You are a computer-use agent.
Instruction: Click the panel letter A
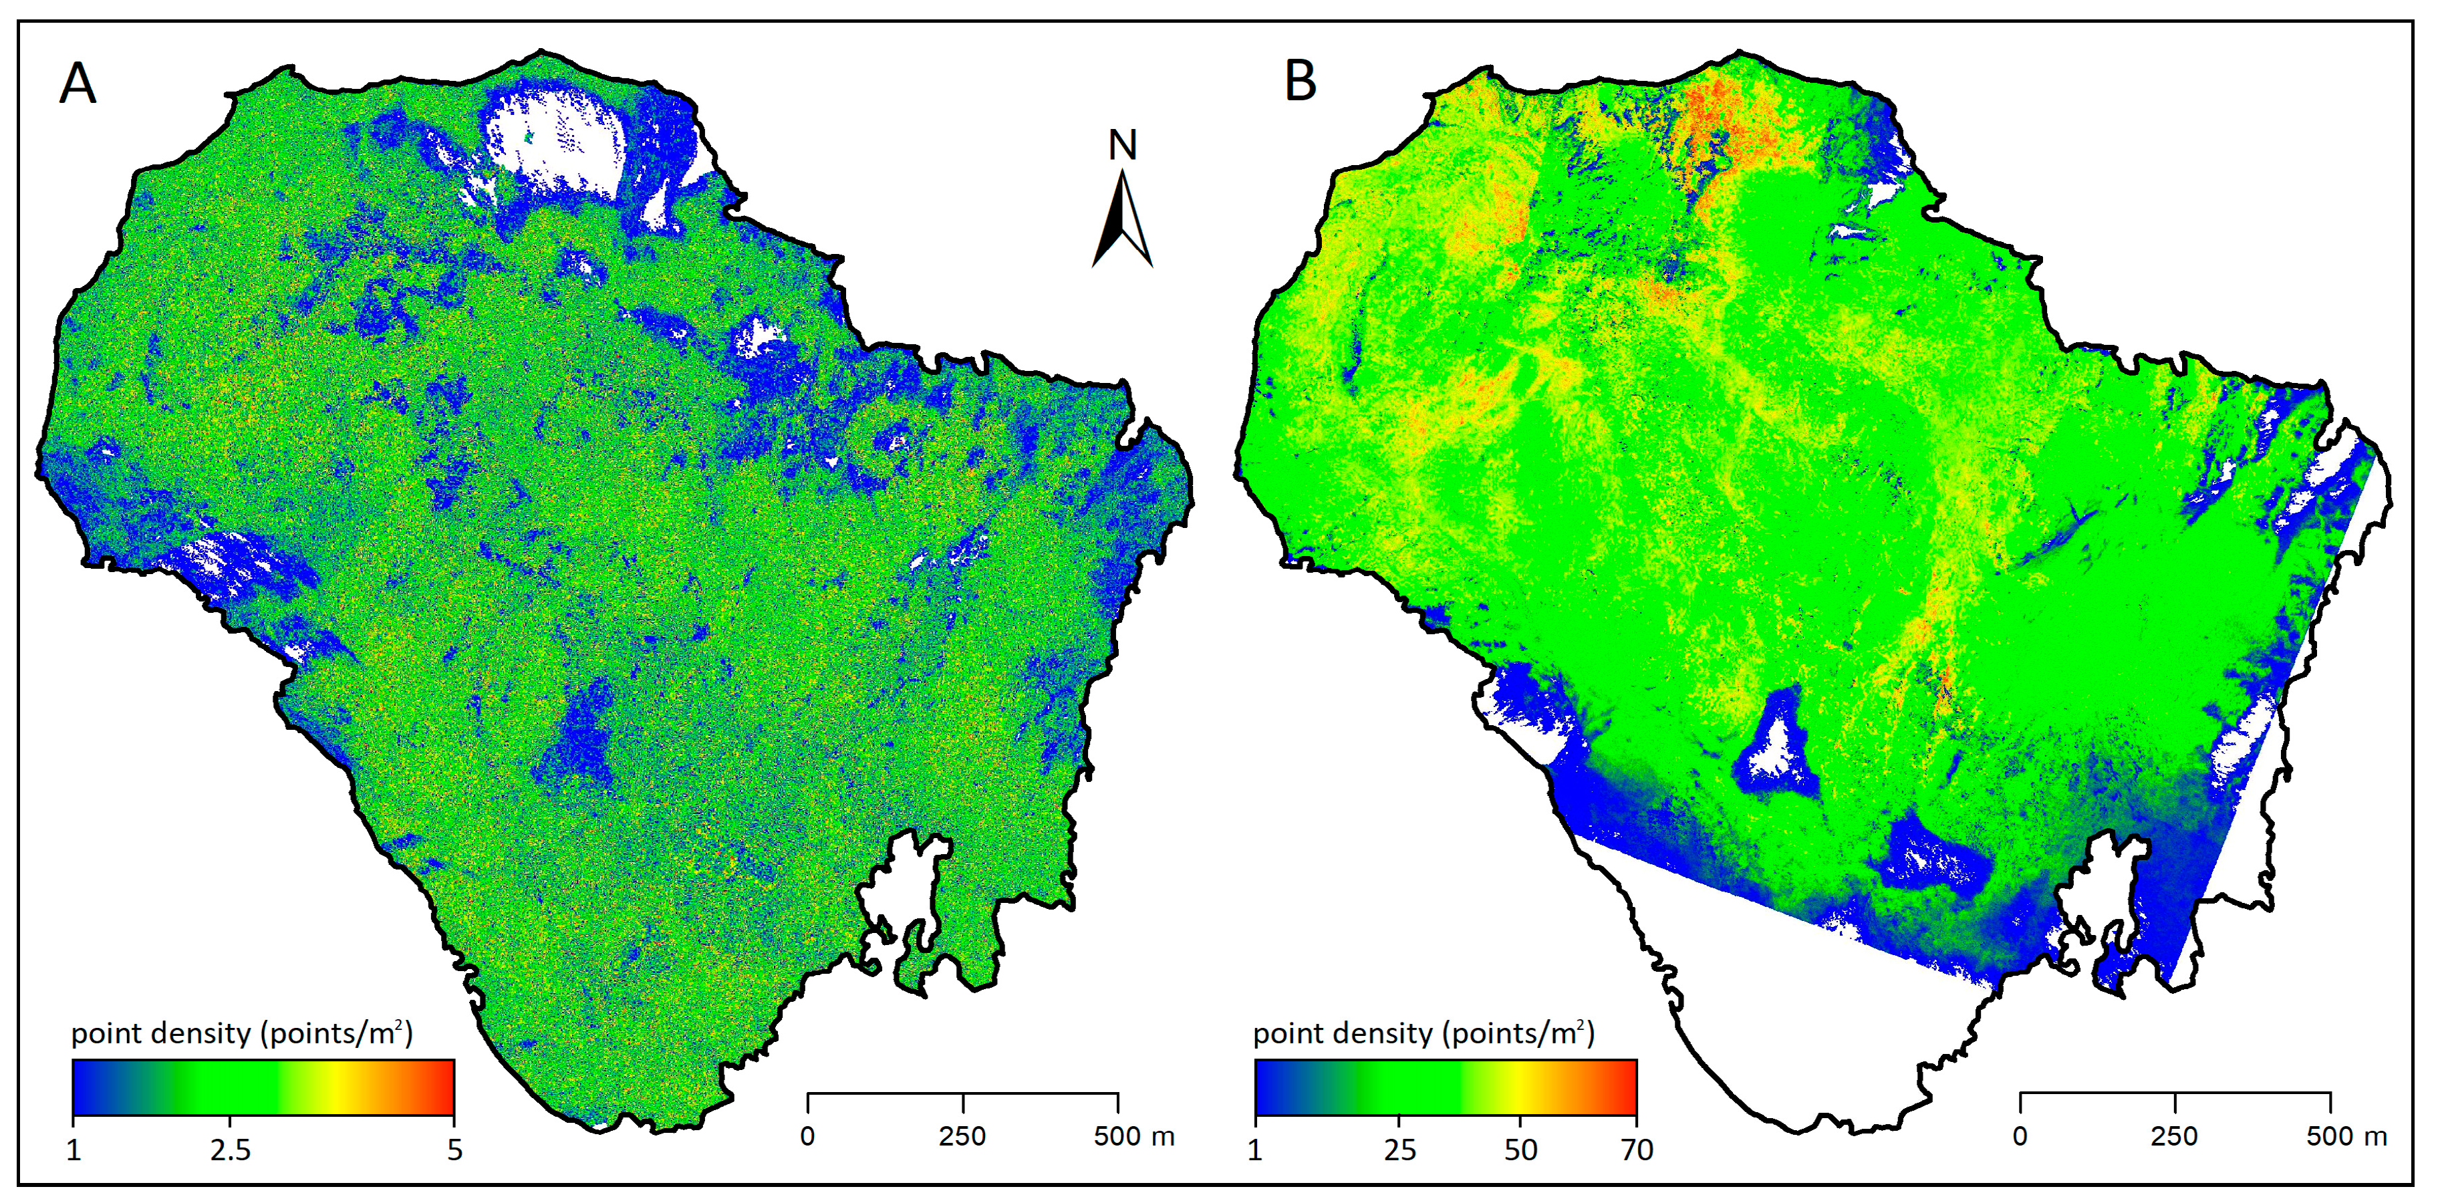point(78,84)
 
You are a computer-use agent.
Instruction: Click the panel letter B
point(1301,82)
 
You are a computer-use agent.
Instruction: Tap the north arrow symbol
point(1123,219)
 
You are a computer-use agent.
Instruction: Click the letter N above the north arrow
point(1123,146)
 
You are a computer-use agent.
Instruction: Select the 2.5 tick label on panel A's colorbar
point(230,1150)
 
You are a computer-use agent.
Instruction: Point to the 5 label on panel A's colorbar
point(454,1150)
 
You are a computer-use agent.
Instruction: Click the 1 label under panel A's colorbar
point(74,1150)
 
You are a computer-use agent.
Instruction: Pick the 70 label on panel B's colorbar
point(1637,1150)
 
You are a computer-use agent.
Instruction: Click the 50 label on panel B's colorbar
point(1520,1150)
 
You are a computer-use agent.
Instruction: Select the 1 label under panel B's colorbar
point(1255,1150)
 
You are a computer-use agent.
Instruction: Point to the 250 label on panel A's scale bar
point(962,1136)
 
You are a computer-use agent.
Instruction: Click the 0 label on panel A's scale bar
point(807,1136)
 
